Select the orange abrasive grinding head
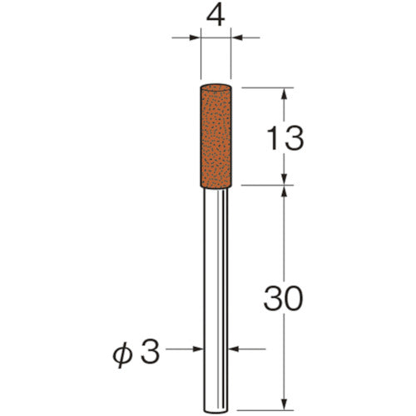point(218,133)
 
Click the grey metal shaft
point(218,291)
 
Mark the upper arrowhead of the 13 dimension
point(285,93)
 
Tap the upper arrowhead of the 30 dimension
point(285,192)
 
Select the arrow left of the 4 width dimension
point(195,37)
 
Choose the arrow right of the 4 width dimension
point(241,37)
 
